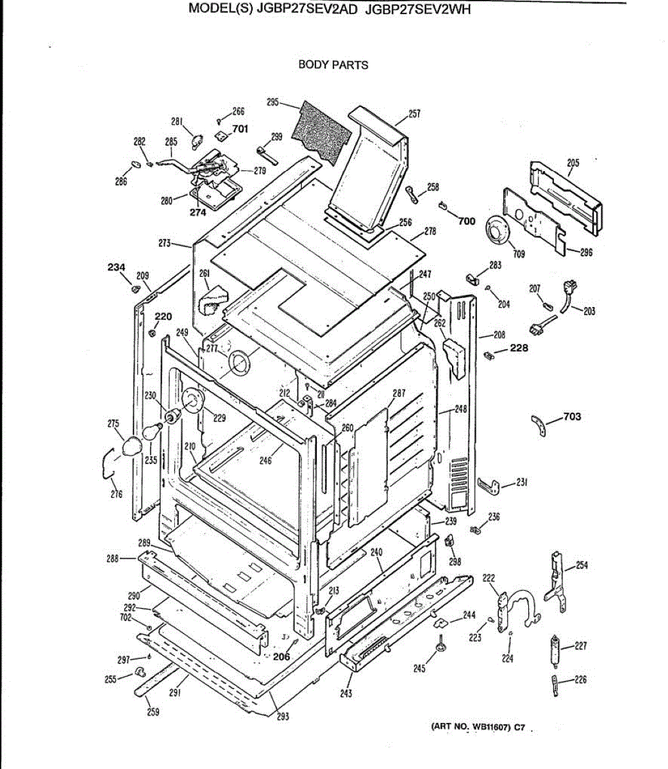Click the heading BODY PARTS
[333, 65]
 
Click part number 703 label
[572, 417]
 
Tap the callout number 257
[414, 114]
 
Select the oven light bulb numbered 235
[153, 431]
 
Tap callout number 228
[519, 348]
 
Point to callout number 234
[116, 267]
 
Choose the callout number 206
[281, 656]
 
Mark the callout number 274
[197, 213]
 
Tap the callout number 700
[467, 221]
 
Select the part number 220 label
[163, 317]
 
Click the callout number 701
[240, 129]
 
